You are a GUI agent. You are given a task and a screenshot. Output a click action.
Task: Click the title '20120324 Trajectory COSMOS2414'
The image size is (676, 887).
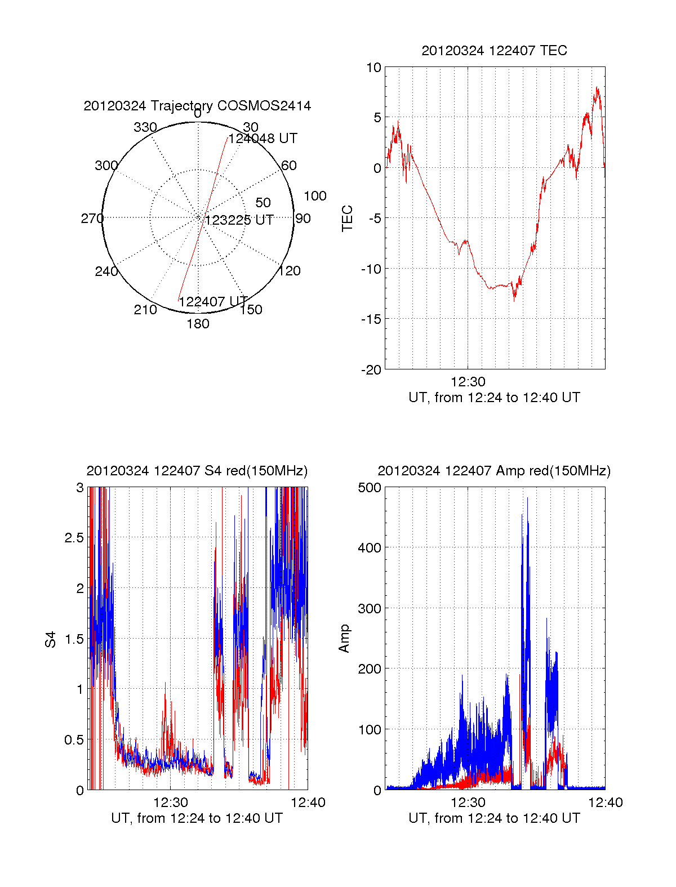click(197, 106)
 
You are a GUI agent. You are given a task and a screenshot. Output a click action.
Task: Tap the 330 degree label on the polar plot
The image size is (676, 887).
click(145, 127)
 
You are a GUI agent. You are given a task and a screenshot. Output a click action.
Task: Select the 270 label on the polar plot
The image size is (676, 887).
click(92, 219)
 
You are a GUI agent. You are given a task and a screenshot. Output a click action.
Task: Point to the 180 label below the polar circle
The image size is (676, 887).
click(198, 324)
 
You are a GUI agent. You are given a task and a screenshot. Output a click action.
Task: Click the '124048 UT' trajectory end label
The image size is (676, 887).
click(263, 139)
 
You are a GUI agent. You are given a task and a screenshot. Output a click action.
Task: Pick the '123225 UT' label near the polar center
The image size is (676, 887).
click(239, 220)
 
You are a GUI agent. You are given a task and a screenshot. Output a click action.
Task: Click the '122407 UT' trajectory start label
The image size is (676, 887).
click(214, 302)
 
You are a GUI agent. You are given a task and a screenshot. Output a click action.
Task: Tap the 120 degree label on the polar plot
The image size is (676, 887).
click(290, 271)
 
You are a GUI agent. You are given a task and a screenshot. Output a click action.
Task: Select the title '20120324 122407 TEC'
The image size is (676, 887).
click(494, 51)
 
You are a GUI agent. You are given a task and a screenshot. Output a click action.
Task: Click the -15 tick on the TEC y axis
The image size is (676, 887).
click(371, 319)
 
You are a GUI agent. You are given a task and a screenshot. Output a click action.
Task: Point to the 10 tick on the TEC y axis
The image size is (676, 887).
click(374, 68)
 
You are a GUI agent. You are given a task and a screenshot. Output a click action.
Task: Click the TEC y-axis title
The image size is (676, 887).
click(348, 218)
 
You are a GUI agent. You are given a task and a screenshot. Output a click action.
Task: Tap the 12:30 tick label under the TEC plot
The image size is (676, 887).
click(468, 382)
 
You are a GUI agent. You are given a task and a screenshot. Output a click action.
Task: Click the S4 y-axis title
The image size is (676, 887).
click(51, 639)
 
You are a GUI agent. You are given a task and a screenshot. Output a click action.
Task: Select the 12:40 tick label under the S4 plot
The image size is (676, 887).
click(308, 803)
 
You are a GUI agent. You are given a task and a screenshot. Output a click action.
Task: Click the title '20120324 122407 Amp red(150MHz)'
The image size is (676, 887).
click(494, 471)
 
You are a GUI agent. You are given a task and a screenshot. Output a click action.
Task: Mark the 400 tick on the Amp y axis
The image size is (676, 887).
click(370, 547)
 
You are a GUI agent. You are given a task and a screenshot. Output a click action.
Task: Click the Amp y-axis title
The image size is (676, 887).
click(344, 638)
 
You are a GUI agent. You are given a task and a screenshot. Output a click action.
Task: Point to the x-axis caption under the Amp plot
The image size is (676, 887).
click(494, 818)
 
